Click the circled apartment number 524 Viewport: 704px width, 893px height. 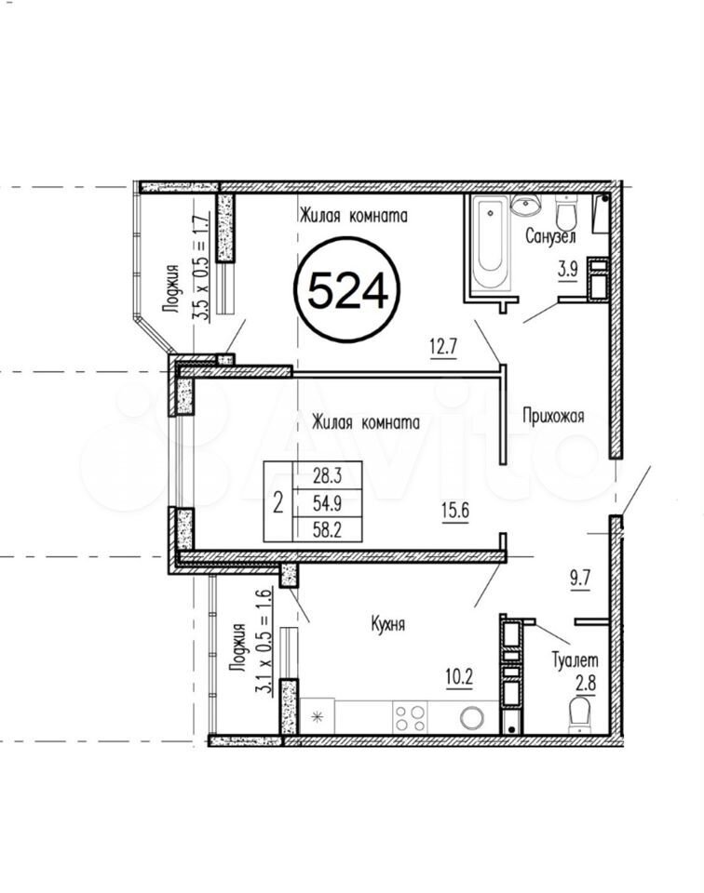pos(346,290)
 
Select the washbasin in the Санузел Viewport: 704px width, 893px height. pos(525,205)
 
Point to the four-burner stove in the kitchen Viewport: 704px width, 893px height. pos(411,717)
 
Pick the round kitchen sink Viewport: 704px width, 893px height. pos(472,717)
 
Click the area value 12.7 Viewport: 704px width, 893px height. pos(443,347)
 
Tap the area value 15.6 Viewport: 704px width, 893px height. pos(454,511)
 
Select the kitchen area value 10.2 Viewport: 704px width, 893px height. pos(459,678)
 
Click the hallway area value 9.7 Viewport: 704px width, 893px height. pos(579,579)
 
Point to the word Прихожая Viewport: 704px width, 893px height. pos(553,417)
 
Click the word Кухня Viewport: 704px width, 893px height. pos(387,624)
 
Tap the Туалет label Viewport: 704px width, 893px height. pos(575,660)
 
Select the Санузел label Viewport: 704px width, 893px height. pos(550,235)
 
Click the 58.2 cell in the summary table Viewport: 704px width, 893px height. pos(327,530)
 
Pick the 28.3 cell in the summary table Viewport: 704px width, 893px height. pos(327,474)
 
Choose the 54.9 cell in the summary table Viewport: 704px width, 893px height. pos(327,503)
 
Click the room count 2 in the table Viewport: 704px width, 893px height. pos(278,503)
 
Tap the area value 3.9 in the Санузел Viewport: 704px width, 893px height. pos(568,269)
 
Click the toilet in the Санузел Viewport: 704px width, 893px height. pos(566,213)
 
